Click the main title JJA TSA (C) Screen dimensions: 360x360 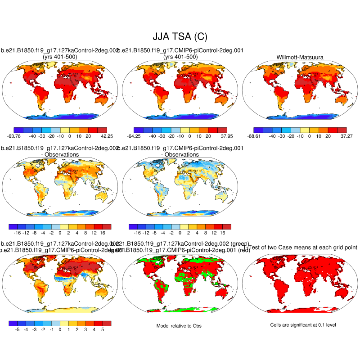tap(180, 36)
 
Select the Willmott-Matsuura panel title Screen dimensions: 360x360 tap(300, 57)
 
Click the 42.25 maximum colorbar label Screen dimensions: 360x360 tap(101, 136)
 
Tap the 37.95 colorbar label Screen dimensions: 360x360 tap(221, 136)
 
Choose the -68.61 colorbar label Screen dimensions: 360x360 tap(254, 136)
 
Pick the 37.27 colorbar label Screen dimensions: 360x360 tap(341, 136)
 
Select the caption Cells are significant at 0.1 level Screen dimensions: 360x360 tap(300, 325)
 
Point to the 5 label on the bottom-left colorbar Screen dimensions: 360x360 tap(103, 329)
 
